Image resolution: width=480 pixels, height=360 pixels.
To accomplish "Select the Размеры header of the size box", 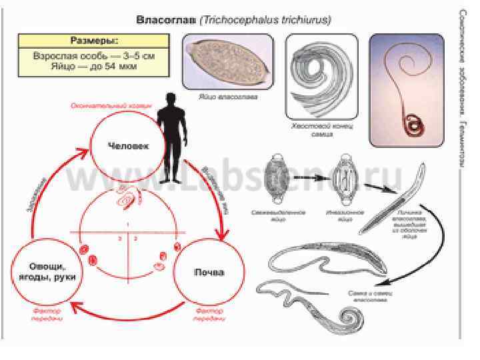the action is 93,40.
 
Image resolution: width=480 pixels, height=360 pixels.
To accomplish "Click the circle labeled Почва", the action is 209,272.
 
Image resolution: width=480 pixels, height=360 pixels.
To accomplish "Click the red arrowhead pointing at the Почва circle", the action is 223,235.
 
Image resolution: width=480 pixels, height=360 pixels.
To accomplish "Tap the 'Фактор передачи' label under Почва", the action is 209,315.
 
